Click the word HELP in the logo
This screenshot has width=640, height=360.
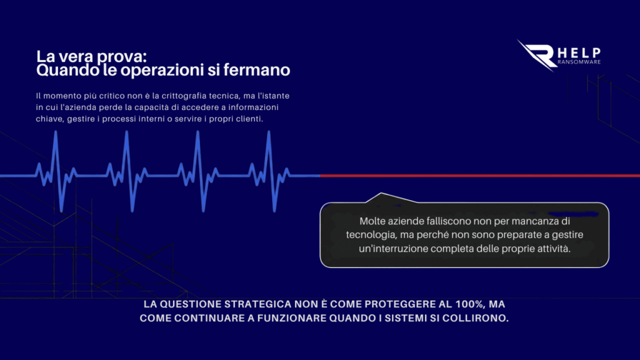(579, 53)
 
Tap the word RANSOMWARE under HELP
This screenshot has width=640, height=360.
(579, 62)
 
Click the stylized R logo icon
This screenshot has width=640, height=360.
(536, 56)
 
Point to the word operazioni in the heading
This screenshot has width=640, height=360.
(162, 71)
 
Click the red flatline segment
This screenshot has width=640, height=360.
(480, 176)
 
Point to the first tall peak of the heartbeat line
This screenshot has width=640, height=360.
(56, 132)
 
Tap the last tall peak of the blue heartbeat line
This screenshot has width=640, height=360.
(269, 132)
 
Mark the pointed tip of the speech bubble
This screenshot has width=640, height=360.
(381, 193)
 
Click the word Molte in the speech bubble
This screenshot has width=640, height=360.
(372, 221)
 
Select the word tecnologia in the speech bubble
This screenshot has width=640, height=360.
(371, 236)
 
